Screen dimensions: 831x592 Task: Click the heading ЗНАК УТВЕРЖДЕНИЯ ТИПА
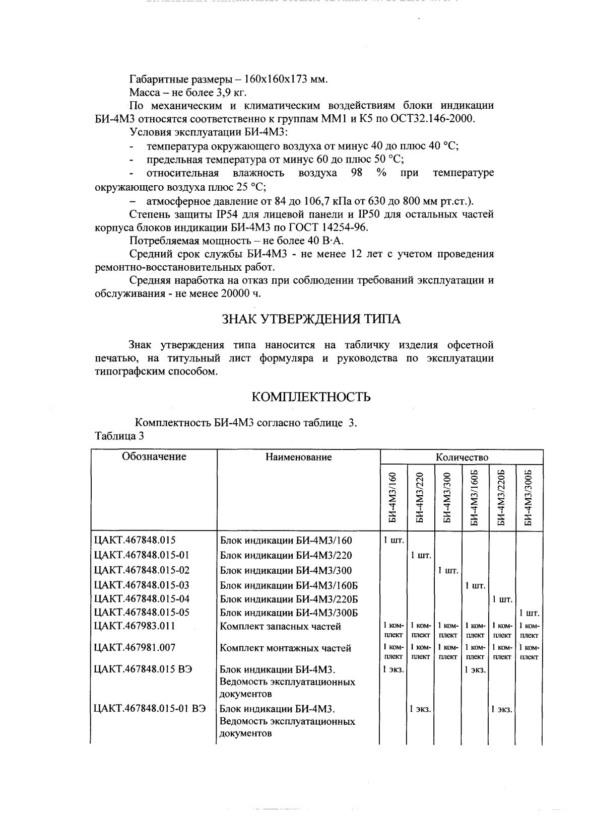click(x=311, y=319)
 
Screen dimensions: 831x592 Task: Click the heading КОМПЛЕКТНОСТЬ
click(x=311, y=397)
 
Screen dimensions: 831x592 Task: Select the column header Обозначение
click(x=154, y=457)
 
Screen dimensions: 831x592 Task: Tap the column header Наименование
click(x=298, y=458)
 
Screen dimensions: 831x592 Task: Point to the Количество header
click(x=462, y=458)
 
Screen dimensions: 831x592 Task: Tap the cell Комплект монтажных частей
click(x=286, y=648)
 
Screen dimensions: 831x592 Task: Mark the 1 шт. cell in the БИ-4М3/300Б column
click(x=529, y=614)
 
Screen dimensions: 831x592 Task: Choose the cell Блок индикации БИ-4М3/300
click(x=286, y=571)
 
